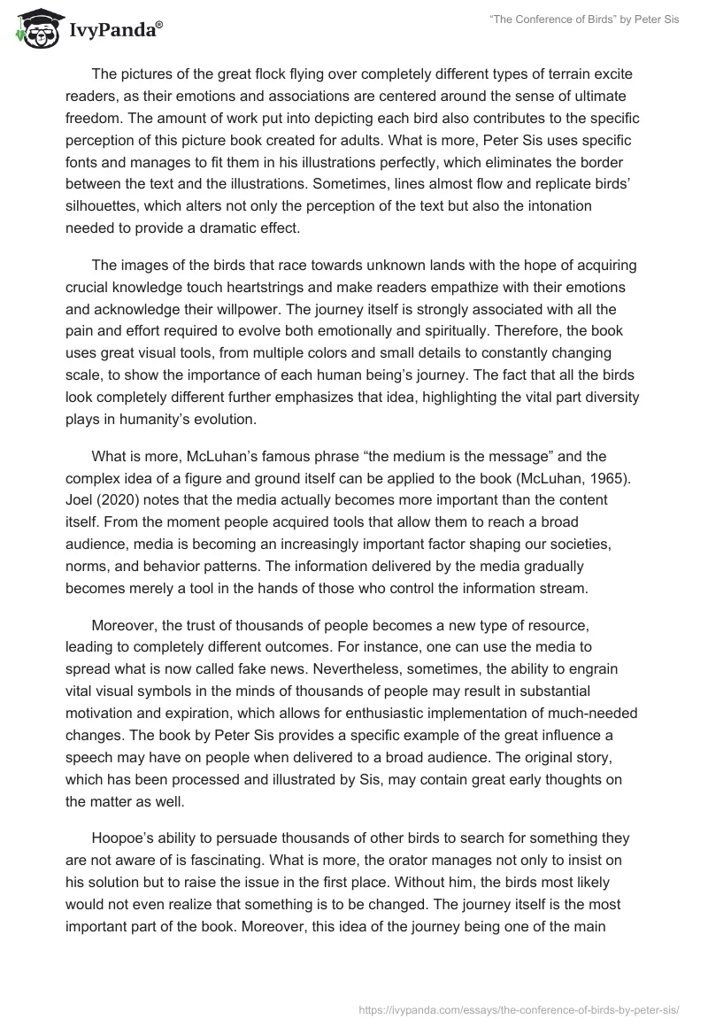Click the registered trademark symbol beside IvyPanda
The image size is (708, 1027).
159,24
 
